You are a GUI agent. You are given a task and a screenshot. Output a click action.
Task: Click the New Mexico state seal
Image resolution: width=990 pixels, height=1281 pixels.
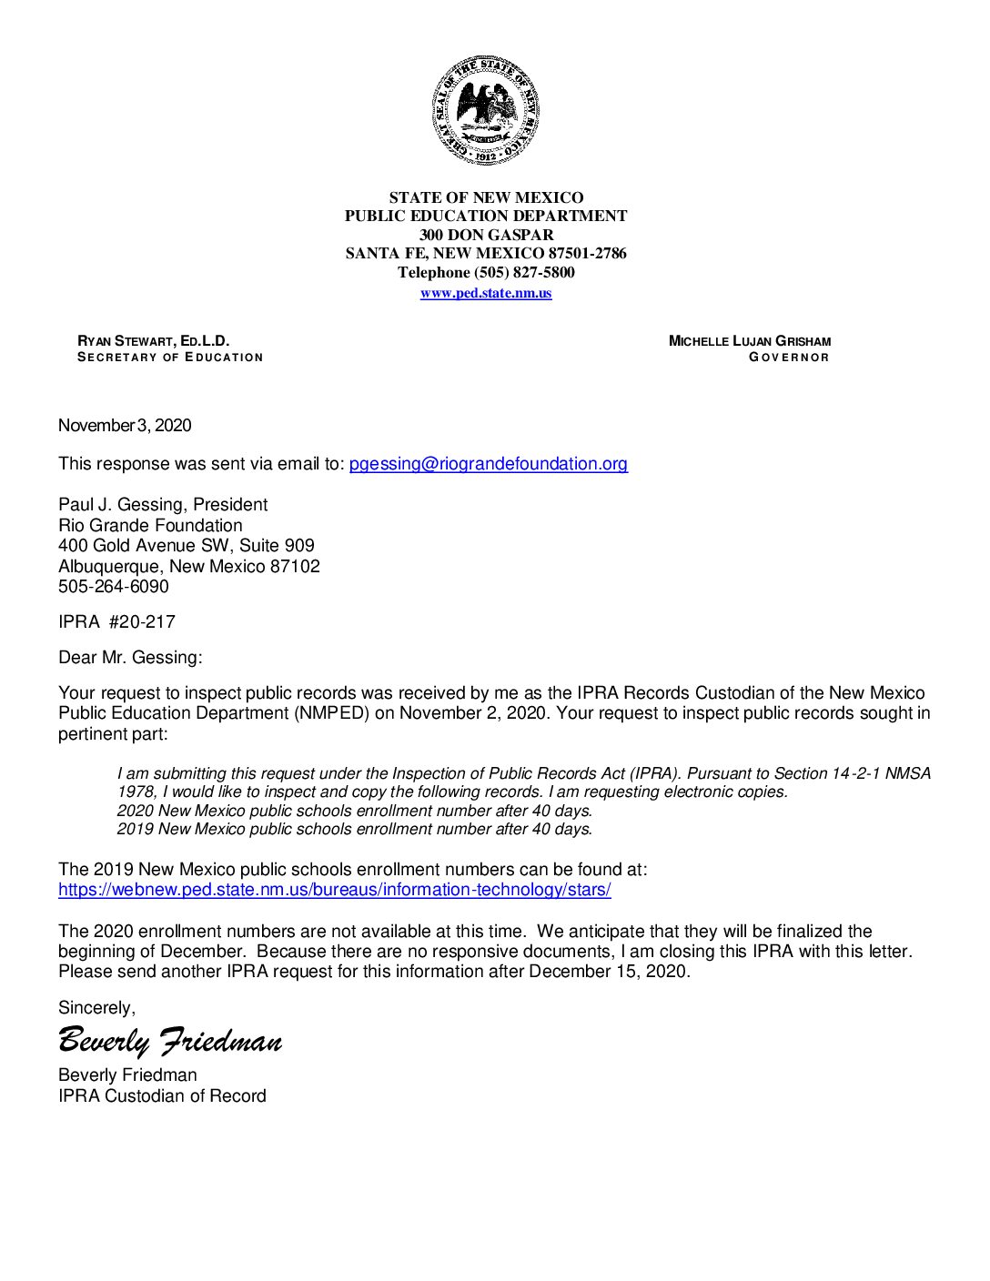coord(486,110)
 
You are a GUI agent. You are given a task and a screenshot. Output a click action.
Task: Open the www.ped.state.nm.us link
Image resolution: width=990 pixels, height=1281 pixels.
coord(486,293)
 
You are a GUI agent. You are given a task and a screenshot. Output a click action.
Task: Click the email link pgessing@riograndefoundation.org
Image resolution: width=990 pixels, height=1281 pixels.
coord(488,464)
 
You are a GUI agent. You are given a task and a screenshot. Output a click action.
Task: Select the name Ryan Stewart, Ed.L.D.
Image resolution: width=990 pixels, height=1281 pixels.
coord(154,341)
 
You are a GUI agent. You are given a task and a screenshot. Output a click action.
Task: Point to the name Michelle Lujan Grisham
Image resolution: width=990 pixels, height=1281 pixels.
coord(749,341)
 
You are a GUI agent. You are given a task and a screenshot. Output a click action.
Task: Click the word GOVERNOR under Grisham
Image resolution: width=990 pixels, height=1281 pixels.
coord(789,358)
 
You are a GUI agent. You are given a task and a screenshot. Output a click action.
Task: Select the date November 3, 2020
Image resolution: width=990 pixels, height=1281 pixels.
coord(125,426)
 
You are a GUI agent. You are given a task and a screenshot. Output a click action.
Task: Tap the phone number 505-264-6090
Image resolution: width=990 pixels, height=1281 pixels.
coord(114,587)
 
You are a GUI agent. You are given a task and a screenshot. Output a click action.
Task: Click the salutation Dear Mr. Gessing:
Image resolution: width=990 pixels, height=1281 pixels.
coord(130,658)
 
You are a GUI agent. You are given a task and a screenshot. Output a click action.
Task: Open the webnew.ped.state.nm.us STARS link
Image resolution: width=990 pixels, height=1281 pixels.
coord(334,890)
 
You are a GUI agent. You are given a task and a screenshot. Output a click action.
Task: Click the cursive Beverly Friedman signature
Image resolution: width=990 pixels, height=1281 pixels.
coord(170,1041)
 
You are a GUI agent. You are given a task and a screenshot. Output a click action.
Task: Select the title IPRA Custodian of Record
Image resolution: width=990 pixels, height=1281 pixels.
coord(162,1096)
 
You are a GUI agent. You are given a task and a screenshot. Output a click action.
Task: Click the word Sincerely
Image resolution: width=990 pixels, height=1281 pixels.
coord(96,1008)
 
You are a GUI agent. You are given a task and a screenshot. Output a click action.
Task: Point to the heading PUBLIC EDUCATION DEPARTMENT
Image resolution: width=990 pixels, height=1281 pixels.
coord(486,216)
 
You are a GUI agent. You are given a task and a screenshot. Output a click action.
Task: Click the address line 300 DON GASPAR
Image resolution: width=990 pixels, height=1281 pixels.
coord(486,235)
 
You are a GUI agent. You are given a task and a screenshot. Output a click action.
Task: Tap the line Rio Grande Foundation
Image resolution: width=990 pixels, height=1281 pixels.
coord(150,526)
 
